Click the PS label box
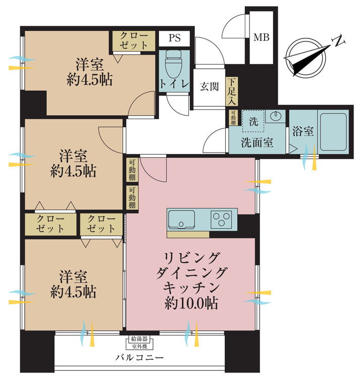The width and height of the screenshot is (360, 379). (x=174, y=38)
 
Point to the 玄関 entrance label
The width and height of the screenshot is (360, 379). (x=209, y=86)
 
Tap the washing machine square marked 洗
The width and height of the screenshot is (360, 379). (x=253, y=121)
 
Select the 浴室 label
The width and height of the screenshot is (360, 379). (x=303, y=132)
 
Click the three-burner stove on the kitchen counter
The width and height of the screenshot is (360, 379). (x=221, y=219)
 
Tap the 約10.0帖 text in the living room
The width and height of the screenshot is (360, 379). (x=191, y=304)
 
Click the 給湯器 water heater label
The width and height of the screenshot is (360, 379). (x=139, y=339)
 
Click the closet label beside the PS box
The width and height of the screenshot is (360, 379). (x=134, y=40)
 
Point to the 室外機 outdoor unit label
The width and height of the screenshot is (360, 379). (x=139, y=347)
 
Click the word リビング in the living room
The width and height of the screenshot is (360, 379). (x=191, y=257)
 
